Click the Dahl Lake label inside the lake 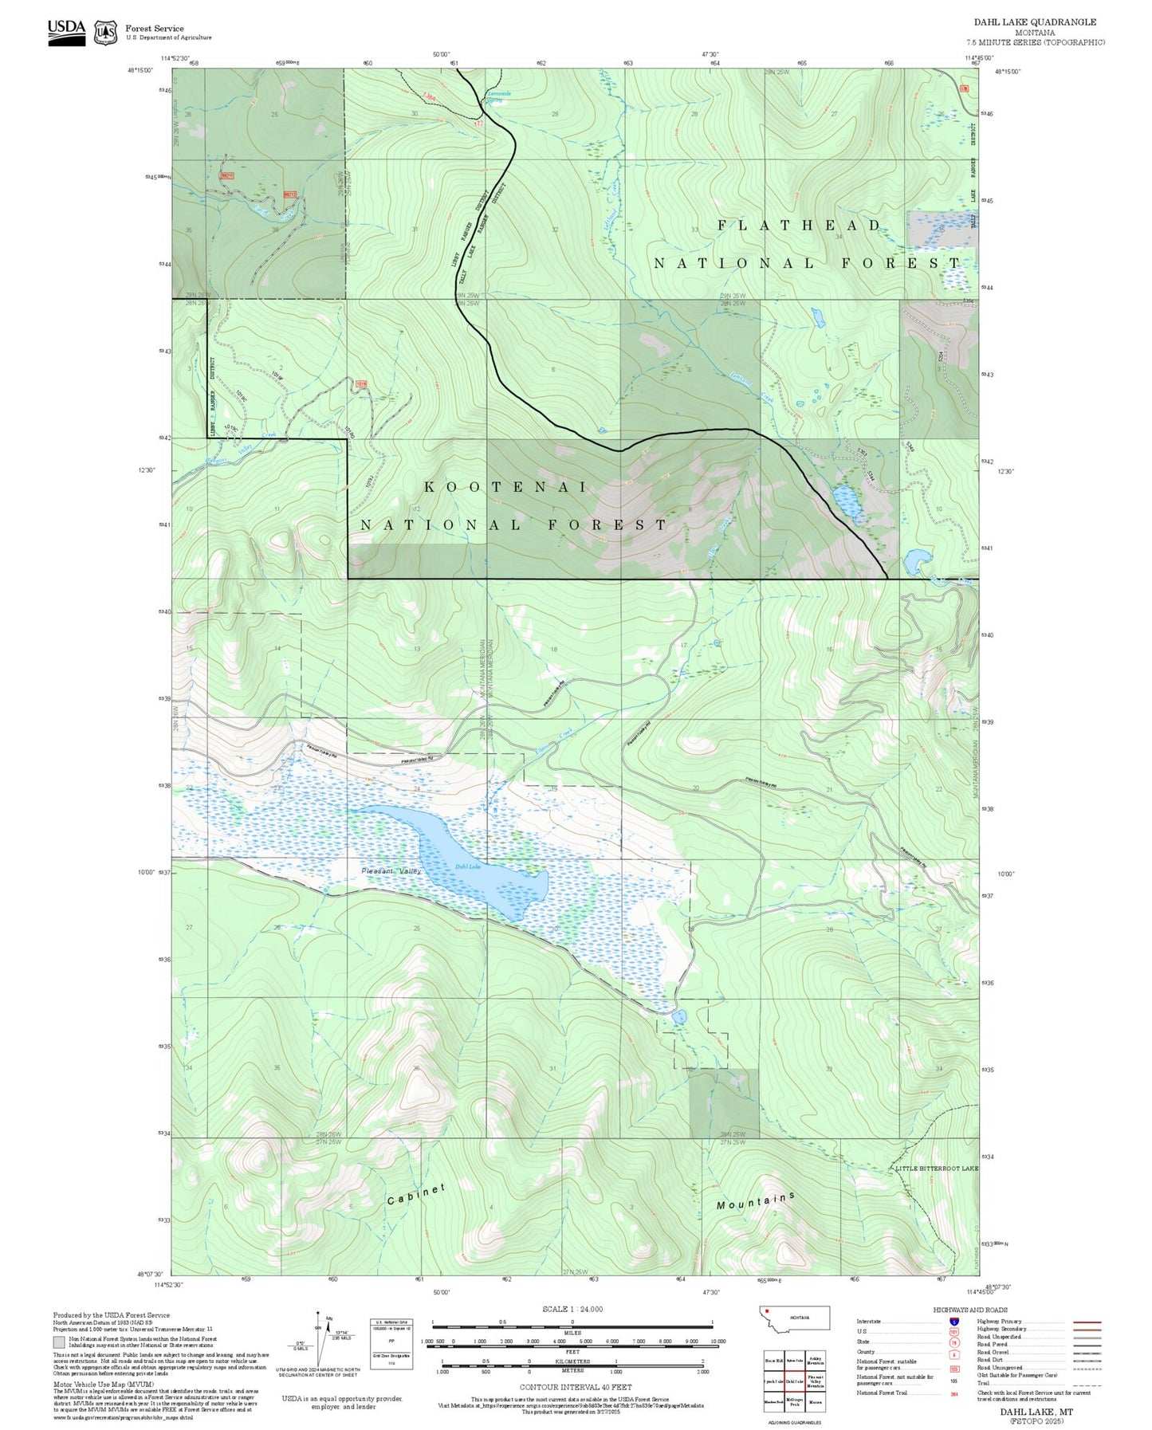pyautogui.click(x=468, y=866)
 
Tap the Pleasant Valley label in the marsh pyautogui.click(x=391, y=871)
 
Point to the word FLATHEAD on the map pyautogui.click(x=799, y=226)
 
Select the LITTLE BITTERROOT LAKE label pyautogui.click(x=936, y=1169)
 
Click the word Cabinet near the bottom pyautogui.click(x=416, y=1195)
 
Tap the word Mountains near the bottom pyautogui.click(x=755, y=1201)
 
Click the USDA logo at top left pyautogui.click(x=66, y=32)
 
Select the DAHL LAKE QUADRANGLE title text pyautogui.click(x=1035, y=22)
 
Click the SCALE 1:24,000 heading pyautogui.click(x=572, y=1309)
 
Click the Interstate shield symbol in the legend pyautogui.click(x=954, y=1322)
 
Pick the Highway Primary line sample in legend pyautogui.click(x=1087, y=1322)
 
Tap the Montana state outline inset pyautogui.click(x=796, y=1318)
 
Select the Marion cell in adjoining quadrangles pyautogui.click(x=816, y=1402)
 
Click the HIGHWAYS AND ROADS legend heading pyautogui.click(x=969, y=1310)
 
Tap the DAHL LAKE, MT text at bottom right pyautogui.click(x=1036, y=1412)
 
